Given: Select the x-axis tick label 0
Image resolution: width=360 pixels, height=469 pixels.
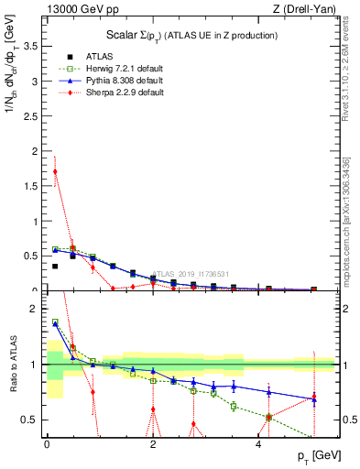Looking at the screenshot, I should pyautogui.click(x=46, y=445).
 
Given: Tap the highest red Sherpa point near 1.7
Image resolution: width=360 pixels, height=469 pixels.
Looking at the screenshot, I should pyautogui.click(x=55, y=171).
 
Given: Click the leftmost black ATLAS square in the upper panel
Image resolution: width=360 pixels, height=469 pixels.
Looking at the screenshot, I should pyautogui.click(x=55, y=267).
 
